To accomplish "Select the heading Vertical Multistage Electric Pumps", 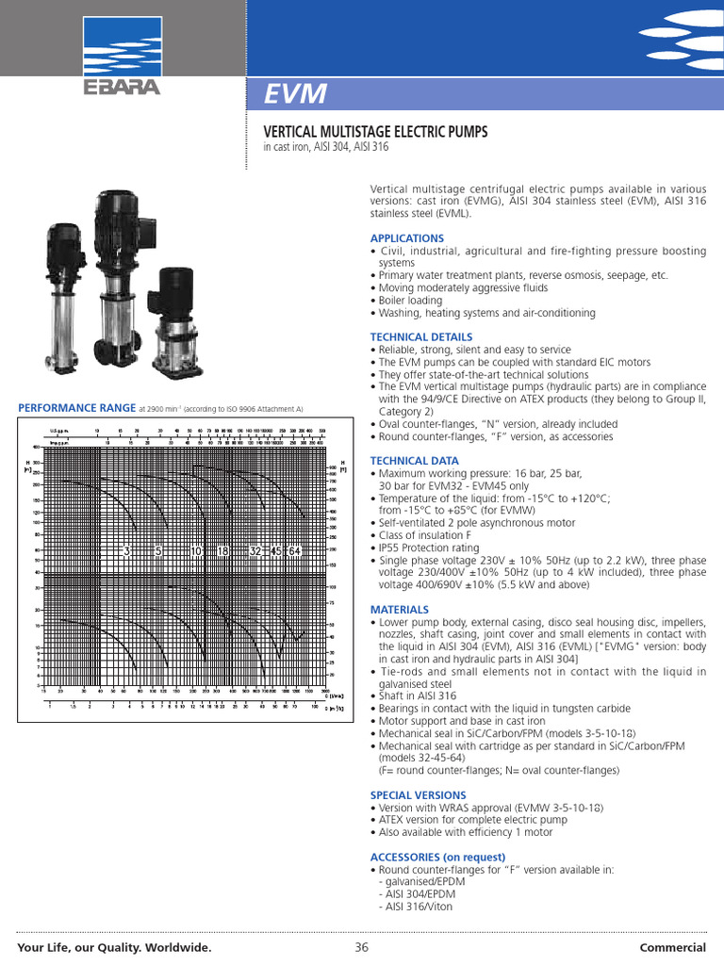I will point(367,133).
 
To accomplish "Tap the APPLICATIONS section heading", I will point(406,238).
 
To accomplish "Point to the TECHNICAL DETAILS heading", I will point(421,336).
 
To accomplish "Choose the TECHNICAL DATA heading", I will point(415,461).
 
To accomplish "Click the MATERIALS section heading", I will point(400,610).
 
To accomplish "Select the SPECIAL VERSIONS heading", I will point(418,795).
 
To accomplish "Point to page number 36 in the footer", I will point(361,947).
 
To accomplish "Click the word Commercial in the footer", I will point(673,947).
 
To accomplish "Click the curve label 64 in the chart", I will point(294,550).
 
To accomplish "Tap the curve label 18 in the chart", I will point(223,550).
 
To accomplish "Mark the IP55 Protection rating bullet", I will point(429,548).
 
